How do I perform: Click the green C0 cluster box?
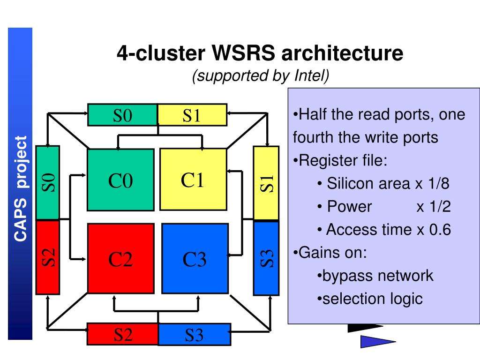tap(120, 180)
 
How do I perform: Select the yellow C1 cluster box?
tap(193, 180)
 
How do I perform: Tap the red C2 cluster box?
tap(120, 259)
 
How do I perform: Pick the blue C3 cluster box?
tap(195, 259)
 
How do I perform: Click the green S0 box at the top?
tap(122, 115)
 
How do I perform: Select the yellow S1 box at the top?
tap(192, 115)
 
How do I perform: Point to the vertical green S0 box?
tap(48, 183)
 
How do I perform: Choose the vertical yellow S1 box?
tap(266, 183)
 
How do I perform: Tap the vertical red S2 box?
tap(48, 257)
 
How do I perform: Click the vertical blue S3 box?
tap(266, 258)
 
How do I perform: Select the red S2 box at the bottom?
tap(123, 334)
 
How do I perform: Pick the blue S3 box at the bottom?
tap(195, 334)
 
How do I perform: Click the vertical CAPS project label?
tap(21, 188)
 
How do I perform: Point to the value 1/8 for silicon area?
tap(439, 183)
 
